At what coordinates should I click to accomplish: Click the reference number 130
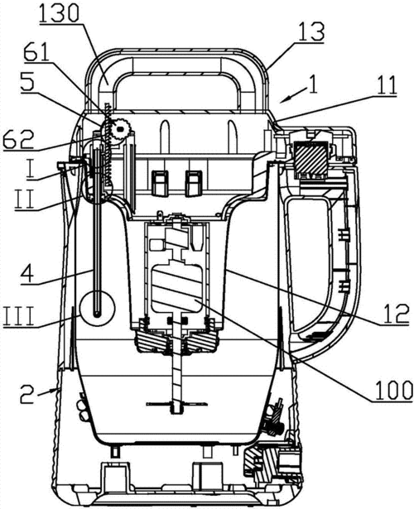pyautogui.click(x=59, y=12)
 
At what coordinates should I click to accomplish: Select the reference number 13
pyautogui.click(x=311, y=31)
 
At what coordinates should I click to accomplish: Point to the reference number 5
pyautogui.click(x=27, y=83)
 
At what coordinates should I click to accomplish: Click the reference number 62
pyautogui.click(x=18, y=140)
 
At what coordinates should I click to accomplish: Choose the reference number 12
pyautogui.click(x=395, y=313)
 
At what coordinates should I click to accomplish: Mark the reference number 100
pyautogui.click(x=393, y=390)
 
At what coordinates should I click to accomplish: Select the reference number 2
pyautogui.click(x=27, y=394)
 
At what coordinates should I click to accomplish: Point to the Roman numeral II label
pyautogui.click(x=25, y=199)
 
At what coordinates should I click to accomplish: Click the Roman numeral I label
pyautogui.click(x=31, y=170)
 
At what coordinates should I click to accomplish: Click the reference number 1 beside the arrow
pyautogui.click(x=313, y=85)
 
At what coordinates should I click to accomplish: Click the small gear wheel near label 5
pyautogui.click(x=120, y=129)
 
